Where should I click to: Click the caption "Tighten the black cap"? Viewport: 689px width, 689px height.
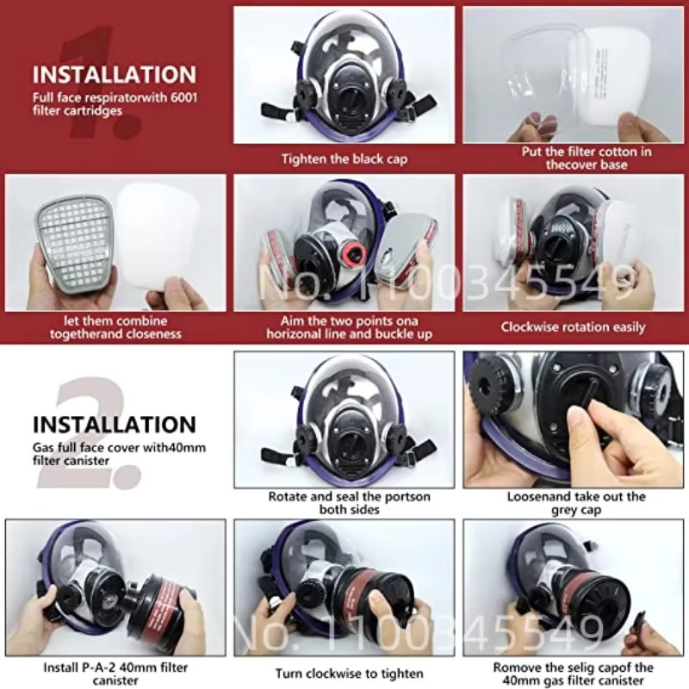tap(344, 159)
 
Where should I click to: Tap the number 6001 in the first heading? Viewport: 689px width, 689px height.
tap(183, 97)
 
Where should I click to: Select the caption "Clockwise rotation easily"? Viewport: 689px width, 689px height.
tap(573, 327)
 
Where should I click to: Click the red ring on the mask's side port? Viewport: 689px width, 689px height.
tap(354, 255)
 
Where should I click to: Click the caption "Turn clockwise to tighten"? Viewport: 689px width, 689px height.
tap(350, 673)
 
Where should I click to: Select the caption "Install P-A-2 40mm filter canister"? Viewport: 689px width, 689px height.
tap(115, 673)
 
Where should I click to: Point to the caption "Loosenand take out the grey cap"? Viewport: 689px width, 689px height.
tap(576, 503)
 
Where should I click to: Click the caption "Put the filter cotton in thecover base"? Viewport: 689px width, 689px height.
tap(587, 158)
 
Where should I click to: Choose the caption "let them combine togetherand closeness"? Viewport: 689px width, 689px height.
tap(115, 327)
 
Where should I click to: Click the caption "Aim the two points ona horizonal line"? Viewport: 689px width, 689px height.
tap(350, 327)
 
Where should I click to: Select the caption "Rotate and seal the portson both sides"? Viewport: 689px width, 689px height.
tap(350, 503)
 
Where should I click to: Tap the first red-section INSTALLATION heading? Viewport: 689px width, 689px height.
tap(115, 74)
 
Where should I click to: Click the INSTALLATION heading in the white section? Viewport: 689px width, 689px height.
tap(115, 425)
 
